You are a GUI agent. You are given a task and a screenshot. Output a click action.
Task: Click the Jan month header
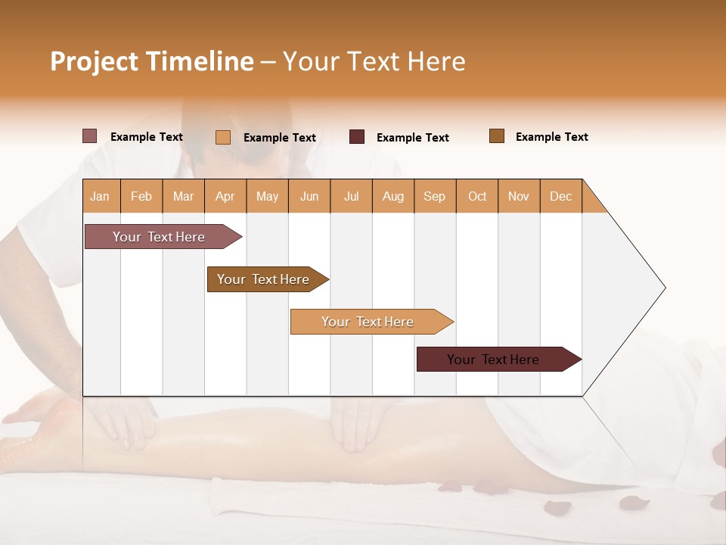101,196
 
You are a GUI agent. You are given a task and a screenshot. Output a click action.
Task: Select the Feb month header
141,196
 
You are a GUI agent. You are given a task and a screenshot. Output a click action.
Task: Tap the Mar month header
183,196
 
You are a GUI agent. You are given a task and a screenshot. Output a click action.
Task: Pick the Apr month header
225,196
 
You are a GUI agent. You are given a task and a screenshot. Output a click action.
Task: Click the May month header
267,196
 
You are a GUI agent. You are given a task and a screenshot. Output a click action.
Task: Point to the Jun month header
309,196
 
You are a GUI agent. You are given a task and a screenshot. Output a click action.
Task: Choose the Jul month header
351,196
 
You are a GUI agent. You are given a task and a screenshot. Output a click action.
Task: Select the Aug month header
393,196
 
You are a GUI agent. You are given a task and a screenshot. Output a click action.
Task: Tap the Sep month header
435,196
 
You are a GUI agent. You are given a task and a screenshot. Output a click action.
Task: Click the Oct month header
477,196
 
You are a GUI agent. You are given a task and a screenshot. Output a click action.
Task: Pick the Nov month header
519,196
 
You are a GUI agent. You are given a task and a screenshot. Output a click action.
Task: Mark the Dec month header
561,196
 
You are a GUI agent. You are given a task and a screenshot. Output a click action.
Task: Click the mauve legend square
90,136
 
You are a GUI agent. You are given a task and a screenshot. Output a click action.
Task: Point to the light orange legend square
223,137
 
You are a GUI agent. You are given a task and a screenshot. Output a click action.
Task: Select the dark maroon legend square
357,137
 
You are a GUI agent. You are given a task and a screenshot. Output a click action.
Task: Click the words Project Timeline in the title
151,61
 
